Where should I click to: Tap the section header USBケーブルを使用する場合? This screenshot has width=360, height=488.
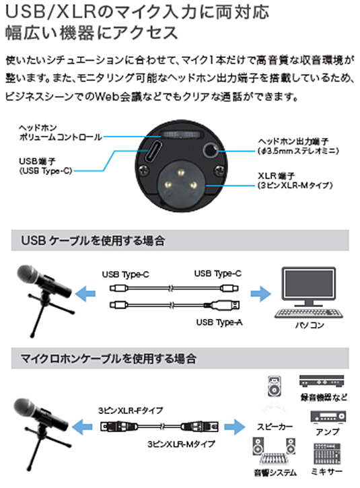[94, 240]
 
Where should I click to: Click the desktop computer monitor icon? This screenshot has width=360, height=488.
[308, 287]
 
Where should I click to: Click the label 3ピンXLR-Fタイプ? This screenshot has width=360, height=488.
[131, 410]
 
